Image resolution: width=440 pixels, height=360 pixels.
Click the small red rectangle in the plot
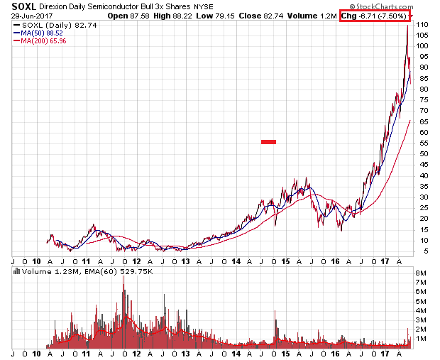pos(268,142)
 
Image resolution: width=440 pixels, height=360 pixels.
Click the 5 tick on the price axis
pos(420,251)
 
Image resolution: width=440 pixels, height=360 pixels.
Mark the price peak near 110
pos(407,26)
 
